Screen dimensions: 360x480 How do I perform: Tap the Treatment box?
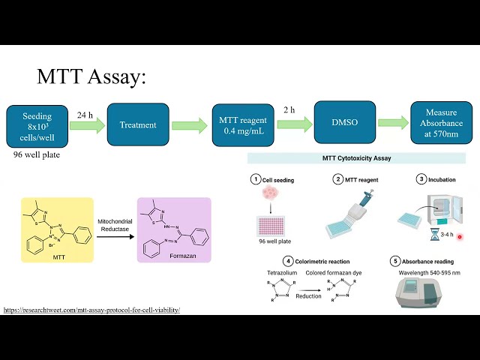[137, 124]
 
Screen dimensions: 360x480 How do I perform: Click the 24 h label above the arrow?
[86, 115]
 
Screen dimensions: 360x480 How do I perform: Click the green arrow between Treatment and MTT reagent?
[189, 125]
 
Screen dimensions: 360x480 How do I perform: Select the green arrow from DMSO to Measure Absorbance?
[393, 123]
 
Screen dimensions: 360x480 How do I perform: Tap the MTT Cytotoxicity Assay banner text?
[356, 158]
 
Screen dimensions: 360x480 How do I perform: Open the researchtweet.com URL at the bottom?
[92, 310]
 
